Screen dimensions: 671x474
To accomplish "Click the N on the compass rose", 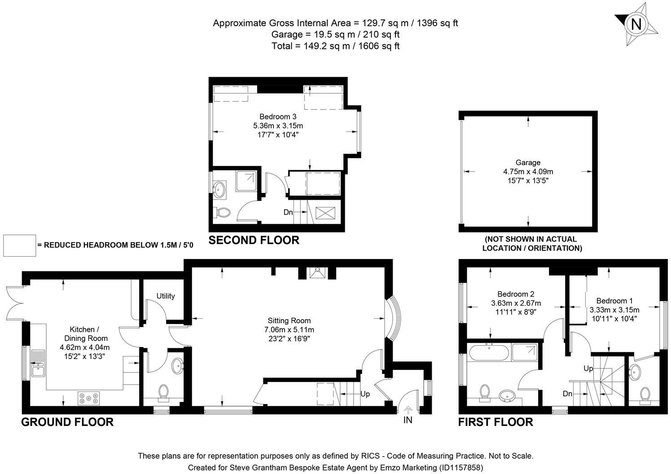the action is coord(636,24).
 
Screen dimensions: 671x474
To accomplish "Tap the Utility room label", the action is coord(166,296).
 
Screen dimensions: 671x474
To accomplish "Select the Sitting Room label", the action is coord(289,320).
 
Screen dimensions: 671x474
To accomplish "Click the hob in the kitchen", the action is coord(89,398).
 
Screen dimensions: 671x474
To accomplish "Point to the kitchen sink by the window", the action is coord(38,363).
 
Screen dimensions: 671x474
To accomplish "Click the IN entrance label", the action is coord(408,420).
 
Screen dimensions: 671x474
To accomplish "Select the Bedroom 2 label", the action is coord(516,294).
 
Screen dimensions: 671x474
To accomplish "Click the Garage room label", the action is coord(528,162).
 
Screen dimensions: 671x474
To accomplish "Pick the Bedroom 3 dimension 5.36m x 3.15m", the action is coord(278,126).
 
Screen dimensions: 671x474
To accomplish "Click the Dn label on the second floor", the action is coord(288,212).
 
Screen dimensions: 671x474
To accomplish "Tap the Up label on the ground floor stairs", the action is coord(365,394).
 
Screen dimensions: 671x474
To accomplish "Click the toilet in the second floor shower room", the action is coord(222,212).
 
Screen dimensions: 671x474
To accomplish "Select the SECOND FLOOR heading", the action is coord(254,240).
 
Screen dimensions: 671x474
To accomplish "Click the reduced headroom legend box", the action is coord(19,246).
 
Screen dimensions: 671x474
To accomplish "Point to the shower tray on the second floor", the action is coord(246,181).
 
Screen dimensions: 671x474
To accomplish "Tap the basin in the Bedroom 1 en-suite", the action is coord(634,372).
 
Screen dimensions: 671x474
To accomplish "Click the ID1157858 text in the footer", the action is coord(461,467).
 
